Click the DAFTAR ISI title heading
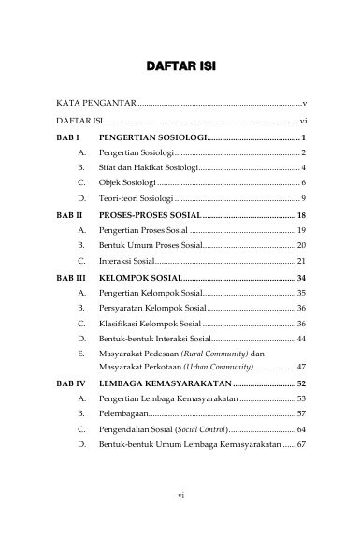coord(180,66)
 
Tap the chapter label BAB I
coord(69,137)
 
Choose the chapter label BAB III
coord(72,279)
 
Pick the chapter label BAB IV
coord(71,383)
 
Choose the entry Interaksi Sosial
coord(127,261)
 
